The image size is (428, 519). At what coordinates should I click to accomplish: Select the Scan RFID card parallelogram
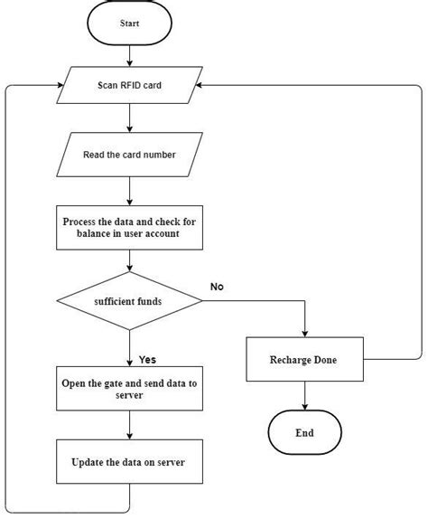point(130,89)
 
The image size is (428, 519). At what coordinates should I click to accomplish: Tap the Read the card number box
point(130,154)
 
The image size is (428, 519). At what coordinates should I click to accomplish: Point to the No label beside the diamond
point(217,286)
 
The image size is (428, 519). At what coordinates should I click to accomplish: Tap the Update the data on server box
point(130,462)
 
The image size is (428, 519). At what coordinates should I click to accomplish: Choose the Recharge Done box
point(303,359)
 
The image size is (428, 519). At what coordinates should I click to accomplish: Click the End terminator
point(303,432)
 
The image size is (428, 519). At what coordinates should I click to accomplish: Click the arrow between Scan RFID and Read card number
point(130,120)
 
